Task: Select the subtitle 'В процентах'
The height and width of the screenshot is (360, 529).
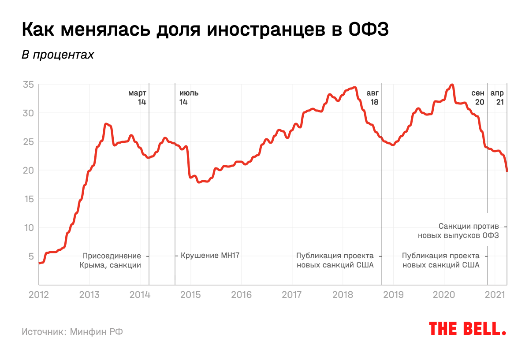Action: pyautogui.click(x=58, y=55)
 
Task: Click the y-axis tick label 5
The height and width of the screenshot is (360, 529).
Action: pyautogui.click(x=30, y=256)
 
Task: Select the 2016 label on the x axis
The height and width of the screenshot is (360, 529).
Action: pyautogui.click(x=242, y=295)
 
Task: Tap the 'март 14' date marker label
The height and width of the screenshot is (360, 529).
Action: pyautogui.click(x=137, y=97)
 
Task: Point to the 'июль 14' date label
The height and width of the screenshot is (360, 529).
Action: pyautogui.click(x=189, y=97)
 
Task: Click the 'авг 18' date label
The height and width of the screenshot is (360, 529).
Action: pyautogui.click(x=373, y=97)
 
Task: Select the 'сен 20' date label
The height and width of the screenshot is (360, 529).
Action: pyautogui.click(x=478, y=97)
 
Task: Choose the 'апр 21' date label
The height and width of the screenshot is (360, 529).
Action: pyautogui.click(x=498, y=97)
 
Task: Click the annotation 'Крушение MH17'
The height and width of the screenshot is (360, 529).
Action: pyautogui.click(x=210, y=256)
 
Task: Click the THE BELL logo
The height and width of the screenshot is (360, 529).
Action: pyautogui.click(x=467, y=328)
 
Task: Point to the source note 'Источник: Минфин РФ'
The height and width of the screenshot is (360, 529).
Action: pyautogui.click(x=72, y=331)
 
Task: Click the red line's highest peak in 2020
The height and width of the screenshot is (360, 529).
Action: pyautogui.click(x=451, y=85)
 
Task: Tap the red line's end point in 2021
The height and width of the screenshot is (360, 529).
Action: pyautogui.click(x=507, y=171)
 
